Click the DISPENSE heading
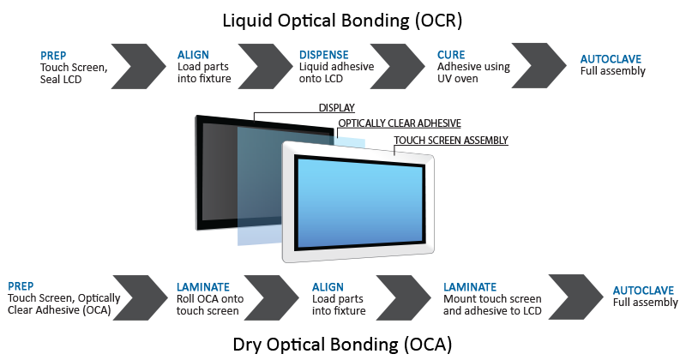[324, 56]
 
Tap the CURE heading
[451, 56]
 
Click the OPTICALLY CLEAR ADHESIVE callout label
[400, 123]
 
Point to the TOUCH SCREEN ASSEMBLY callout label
[451, 141]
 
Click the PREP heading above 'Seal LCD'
[53, 56]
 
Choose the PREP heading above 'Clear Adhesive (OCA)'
[21, 286]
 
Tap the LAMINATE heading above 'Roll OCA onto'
[203, 287]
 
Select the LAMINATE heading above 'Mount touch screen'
[470, 287]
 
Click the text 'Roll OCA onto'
[208, 298]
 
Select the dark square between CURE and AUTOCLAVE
[539, 65]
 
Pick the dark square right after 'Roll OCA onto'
[271, 297]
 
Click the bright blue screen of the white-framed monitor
[360, 200]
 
